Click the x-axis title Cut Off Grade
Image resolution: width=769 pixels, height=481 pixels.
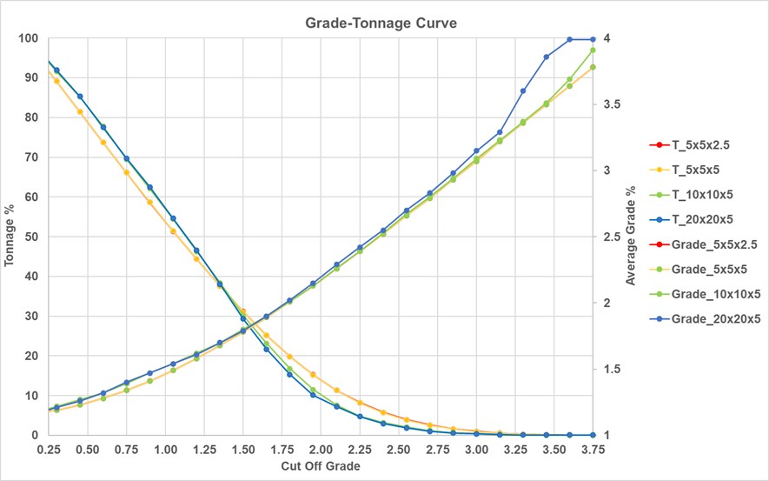tap(321, 465)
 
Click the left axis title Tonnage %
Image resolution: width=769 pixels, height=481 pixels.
tap(10, 237)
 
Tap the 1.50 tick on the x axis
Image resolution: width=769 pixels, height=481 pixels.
tap(242, 449)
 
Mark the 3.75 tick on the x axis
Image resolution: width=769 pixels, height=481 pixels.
tap(593, 449)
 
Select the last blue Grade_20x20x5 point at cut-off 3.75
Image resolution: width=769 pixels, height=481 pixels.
tap(593, 39)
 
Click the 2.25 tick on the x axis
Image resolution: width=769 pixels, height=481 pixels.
tap(359, 449)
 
